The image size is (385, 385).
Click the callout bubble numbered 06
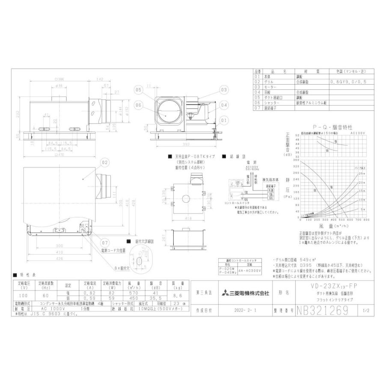[138, 104]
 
